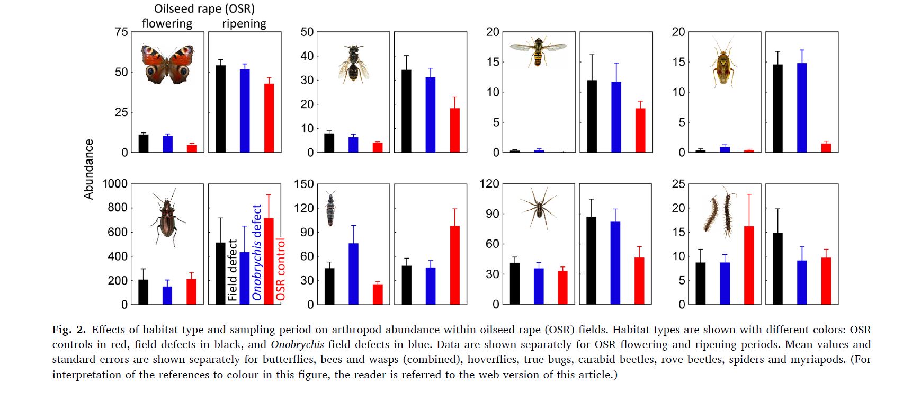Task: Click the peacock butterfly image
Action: [x=167, y=64]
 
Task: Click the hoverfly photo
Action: [x=538, y=51]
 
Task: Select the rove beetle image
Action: [x=331, y=208]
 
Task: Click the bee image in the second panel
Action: [x=353, y=64]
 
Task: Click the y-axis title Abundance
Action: [x=89, y=169]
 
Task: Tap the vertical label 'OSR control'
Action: [x=281, y=270]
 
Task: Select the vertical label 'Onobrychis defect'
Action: [x=257, y=252]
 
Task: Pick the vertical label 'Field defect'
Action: [x=233, y=270]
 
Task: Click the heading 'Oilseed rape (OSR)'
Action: [x=204, y=8]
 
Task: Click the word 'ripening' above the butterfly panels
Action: [x=244, y=24]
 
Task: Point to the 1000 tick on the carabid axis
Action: [x=115, y=184]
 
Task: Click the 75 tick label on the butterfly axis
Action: [x=121, y=32]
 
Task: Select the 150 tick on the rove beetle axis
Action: [x=303, y=184]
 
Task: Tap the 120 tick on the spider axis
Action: [x=489, y=184]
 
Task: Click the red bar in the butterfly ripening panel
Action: [x=269, y=118]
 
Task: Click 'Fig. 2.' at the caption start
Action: [x=68, y=330]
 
